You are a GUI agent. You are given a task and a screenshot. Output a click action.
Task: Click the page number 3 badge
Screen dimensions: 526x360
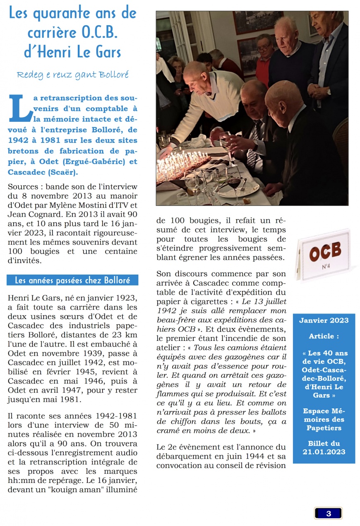(328, 513)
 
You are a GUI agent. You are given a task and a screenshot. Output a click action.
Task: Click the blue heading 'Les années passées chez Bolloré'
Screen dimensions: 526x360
(72, 280)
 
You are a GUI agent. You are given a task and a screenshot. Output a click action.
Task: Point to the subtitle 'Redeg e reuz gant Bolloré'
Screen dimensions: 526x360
(72, 75)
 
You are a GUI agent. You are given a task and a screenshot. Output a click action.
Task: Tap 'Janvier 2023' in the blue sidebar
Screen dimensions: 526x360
(324, 321)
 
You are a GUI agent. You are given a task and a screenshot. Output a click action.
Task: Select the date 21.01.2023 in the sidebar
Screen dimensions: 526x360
(324, 452)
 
